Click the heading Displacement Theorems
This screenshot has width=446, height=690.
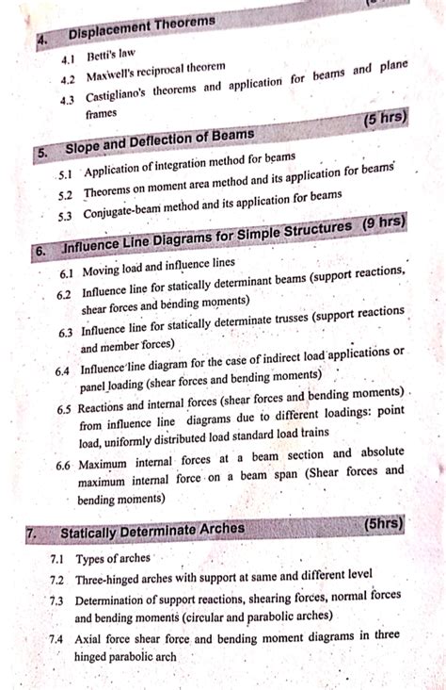(142, 25)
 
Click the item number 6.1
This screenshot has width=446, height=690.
(66, 272)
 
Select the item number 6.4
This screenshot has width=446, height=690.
(62, 371)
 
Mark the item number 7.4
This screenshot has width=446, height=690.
(57, 638)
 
